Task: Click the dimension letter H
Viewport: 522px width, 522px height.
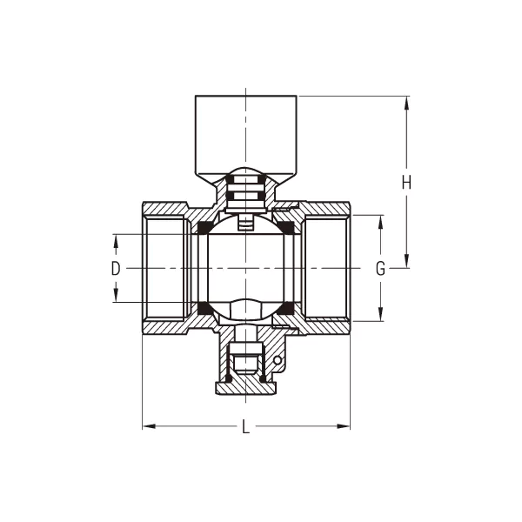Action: click(406, 183)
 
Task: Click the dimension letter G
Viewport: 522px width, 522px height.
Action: click(380, 268)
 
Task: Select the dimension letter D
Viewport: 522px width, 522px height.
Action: click(116, 268)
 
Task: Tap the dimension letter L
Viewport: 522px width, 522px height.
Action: click(245, 426)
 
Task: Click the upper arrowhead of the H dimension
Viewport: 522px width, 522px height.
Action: click(406, 104)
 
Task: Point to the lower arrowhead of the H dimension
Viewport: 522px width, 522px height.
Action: click(406, 260)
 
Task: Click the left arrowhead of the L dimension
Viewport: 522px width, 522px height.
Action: click(149, 426)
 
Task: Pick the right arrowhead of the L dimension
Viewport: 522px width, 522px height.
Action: click(344, 426)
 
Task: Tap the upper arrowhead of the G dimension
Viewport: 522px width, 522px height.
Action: click(380, 223)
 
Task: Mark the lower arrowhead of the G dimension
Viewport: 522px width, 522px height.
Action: click(380, 314)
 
